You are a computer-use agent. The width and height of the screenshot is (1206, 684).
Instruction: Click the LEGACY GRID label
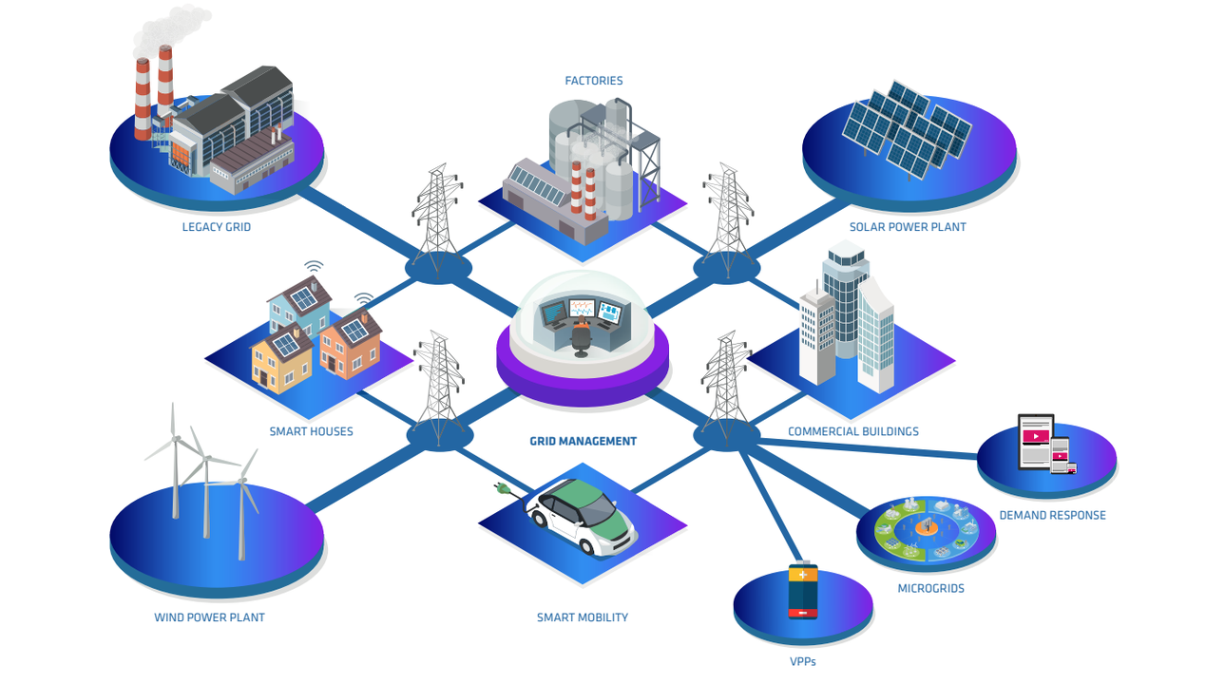coord(217,227)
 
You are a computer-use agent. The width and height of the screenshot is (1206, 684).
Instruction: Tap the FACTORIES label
coord(594,81)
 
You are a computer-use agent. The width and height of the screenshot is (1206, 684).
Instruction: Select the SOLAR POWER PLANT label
coord(908,227)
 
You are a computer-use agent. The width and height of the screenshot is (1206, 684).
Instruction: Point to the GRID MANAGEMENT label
coord(583,441)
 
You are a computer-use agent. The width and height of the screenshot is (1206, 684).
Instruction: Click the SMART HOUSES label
coord(311,431)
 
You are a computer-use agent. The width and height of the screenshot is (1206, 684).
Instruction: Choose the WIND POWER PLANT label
coord(209,617)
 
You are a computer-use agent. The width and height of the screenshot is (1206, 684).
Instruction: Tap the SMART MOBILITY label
coord(583,617)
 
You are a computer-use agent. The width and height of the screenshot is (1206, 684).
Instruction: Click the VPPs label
coord(802,661)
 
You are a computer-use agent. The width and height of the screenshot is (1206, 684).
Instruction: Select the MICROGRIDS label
coord(930,588)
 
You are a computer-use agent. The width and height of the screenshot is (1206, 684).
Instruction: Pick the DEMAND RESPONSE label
coord(1052,515)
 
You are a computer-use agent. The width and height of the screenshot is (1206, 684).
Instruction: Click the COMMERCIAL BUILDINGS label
coord(852,431)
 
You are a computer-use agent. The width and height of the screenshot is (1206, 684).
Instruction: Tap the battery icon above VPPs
coord(803,591)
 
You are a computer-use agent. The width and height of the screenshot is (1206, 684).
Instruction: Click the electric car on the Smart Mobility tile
coord(582,519)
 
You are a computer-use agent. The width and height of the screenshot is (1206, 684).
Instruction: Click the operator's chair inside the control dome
coord(581,340)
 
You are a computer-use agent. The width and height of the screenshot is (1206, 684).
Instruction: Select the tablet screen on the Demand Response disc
coord(1035,440)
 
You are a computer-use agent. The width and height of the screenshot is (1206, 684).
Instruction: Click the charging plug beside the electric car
coord(505,489)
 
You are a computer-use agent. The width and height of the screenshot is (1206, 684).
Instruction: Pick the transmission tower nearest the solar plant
coord(728,218)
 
